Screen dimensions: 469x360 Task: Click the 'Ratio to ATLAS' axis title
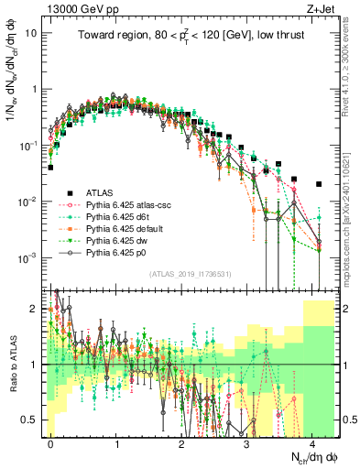(x=16, y=365)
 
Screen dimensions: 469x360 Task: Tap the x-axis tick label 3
(x=247, y=442)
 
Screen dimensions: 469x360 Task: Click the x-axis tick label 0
(x=51, y=442)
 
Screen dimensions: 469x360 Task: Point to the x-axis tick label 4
(x=312, y=442)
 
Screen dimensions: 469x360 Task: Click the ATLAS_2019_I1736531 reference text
(x=191, y=274)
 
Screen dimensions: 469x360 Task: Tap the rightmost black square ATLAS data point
(x=318, y=184)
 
